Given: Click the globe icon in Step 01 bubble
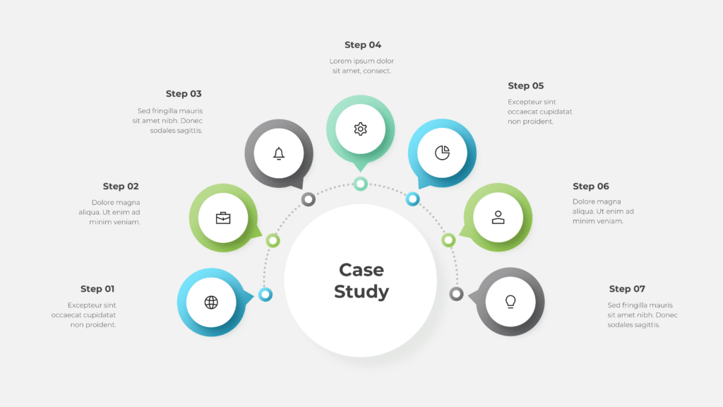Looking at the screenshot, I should (x=211, y=302).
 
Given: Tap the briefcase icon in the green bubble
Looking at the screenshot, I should (x=223, y=218).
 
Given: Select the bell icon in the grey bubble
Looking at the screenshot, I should (x=279, y=153).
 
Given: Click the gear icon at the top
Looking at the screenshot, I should (x=360, y=129).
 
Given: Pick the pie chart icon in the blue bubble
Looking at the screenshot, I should (x=442, y=153).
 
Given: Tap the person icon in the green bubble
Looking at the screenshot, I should (x=498, y=218).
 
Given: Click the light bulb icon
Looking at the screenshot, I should (x=510, y=302).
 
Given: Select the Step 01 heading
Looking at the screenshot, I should (x=97, y=288).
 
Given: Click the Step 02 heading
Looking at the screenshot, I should (x=121, y=187).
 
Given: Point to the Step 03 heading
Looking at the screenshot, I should (x=184, y=93).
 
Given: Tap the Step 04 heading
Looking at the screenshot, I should (x=363, y=45).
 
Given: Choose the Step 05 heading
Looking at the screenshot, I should (x=526, y=85).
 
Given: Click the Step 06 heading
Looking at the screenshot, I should (x=591, y=187).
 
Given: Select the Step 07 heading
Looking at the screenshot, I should (x=627, y=288).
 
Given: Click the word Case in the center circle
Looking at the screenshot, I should (x=361, y=270).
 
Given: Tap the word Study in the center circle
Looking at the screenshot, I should (x=361, y=292).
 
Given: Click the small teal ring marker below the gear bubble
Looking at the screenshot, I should (x=360, y=184).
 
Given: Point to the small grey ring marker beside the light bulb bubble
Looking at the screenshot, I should (x=456, y=294).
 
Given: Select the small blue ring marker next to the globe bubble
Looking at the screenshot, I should (x=265, y=294).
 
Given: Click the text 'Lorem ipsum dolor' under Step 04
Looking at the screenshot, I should (x=361, y=61).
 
